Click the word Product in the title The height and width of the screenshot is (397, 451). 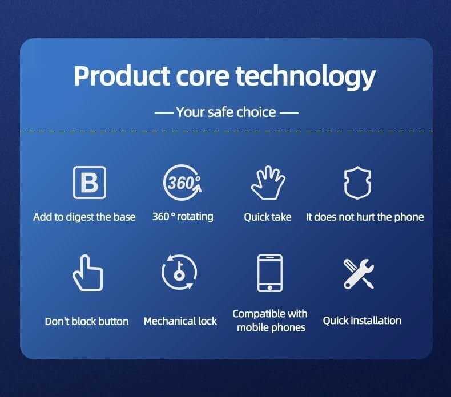click(122, 76)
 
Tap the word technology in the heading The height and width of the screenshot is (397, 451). click(306, 77)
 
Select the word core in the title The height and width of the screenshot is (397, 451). click(203, 78)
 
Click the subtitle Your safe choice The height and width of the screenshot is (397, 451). click(226, 112)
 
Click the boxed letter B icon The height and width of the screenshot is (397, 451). click(90, 183)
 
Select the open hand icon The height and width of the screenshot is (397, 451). click(268, 183)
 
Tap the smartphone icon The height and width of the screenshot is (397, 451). click(270, 273)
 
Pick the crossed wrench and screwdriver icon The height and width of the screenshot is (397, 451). click(359, 274)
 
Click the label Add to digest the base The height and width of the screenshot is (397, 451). click(84, 217)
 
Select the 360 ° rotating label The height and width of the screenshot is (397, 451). click(183, 217)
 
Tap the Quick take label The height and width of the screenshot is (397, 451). click(268, 217)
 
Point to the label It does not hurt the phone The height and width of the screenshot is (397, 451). click(365, 217)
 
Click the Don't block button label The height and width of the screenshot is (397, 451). click(87, 321)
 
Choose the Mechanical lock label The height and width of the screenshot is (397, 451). click(180, 321)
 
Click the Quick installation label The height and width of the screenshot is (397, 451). click(362, 321)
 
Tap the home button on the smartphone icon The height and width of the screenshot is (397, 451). click(270, 287)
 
